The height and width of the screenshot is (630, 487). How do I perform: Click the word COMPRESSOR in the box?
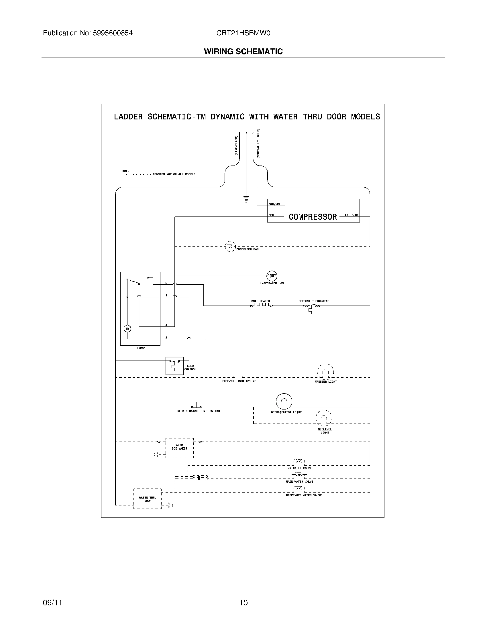(x=313, y=217)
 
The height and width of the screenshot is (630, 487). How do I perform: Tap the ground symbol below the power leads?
(x=246, y=199)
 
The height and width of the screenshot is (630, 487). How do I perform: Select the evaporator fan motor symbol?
(x=272, y=276)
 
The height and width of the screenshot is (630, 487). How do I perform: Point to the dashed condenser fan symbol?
(x=230, y=246)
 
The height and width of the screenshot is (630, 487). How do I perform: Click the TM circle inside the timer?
(x=127, y=328)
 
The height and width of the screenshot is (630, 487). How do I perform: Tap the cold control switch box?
(x=174, y=365)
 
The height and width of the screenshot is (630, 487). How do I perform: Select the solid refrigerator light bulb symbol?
(x=284, y=401)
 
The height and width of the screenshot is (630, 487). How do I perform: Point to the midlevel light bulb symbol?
(x=324, y=418)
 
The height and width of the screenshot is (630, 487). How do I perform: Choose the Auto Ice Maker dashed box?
(x=179, y=448)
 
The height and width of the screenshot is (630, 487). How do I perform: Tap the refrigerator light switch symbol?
(x=197, y=406)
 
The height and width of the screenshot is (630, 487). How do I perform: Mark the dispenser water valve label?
(x=304, y=495)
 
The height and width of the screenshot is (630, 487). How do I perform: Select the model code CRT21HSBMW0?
(x=243, y=33)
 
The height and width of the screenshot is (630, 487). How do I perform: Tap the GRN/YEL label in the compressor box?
(x=274, y=204)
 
